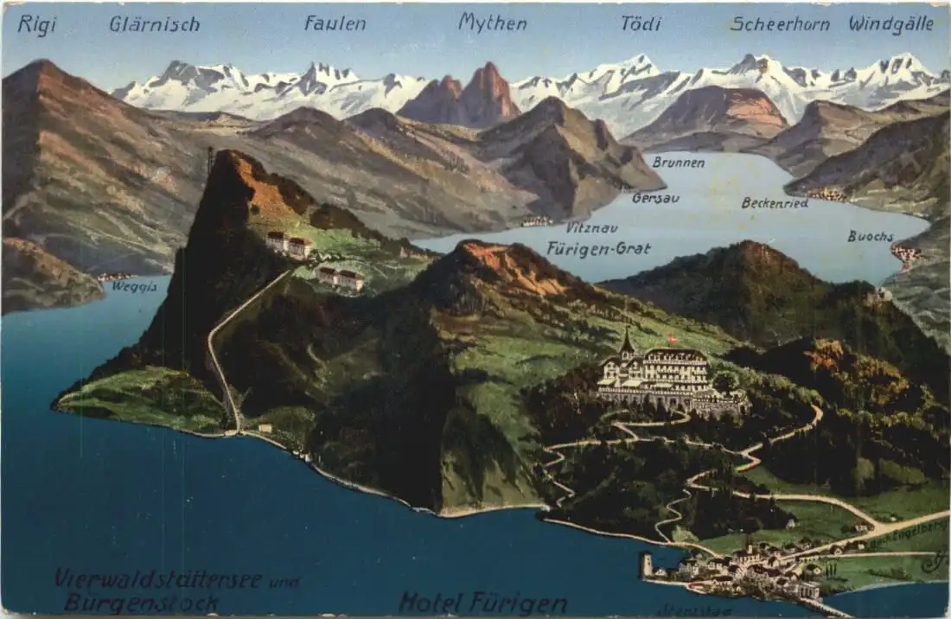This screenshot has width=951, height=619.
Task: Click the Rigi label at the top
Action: point(36,24)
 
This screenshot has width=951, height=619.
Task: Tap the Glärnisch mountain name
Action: point(154,24)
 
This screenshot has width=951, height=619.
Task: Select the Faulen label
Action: point(335,23)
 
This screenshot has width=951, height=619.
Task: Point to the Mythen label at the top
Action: point(492,22)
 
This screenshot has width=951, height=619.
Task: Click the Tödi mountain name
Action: point(641,23)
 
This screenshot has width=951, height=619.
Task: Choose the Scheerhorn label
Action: point(780,24)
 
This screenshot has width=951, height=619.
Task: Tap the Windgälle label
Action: point(890,24)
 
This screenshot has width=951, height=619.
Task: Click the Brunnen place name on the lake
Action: point(678,163)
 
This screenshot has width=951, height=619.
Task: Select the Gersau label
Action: point(655,198)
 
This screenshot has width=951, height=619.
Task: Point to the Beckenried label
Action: point(775,203)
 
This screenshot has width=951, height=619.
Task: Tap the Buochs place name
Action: point(870,236)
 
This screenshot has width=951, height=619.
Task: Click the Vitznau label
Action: point(591,227)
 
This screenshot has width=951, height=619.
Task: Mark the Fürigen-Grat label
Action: point(598,249)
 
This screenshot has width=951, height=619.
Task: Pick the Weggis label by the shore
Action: point(134,287)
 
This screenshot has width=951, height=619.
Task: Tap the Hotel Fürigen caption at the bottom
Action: point(482,603)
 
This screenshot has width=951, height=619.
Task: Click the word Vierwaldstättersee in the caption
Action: point(158,578)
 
